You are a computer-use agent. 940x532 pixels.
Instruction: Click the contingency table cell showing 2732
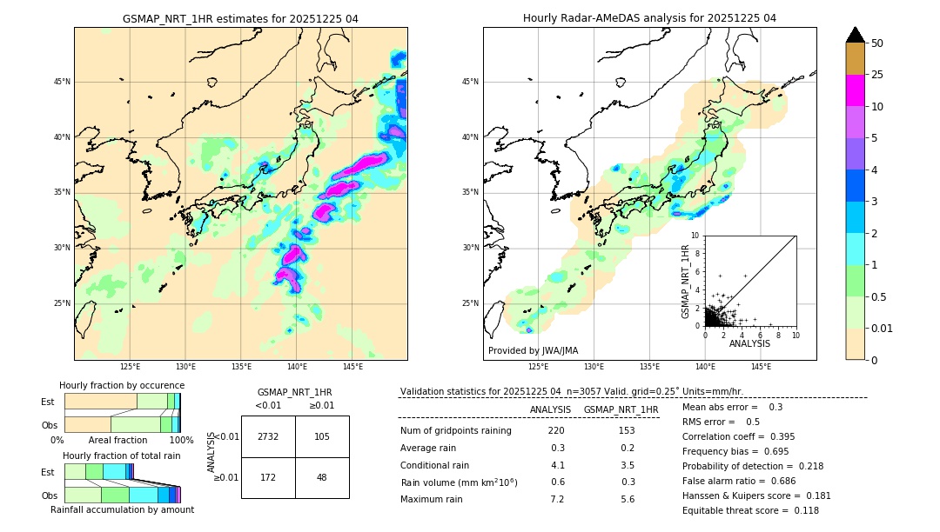(x=268, y=436)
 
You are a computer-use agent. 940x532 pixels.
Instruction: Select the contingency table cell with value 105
(x=322, y=436)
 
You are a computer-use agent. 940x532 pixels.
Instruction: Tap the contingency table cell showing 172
(x=268, y=477)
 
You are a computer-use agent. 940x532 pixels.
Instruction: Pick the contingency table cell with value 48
(x=322, y=477)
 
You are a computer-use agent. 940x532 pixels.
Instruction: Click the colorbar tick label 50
(x=877, y=43)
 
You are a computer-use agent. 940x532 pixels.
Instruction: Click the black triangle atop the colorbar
(x=856, y=35)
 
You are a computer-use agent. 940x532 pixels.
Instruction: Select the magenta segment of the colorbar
(x=856, y=90)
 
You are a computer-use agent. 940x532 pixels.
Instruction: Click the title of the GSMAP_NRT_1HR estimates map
(x=240, y=18)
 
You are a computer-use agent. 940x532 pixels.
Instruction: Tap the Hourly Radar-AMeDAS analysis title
(x=649, y=18)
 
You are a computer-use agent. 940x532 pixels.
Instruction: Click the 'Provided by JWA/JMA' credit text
(x=533, y=350)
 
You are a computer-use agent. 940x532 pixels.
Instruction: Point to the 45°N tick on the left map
(x=62, y=82)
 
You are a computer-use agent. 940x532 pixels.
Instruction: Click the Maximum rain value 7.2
(x=557, y=499)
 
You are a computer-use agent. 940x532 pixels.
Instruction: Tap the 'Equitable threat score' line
(x=750, y=510)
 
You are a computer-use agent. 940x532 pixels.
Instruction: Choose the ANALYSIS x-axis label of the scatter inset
(x=749, y=343)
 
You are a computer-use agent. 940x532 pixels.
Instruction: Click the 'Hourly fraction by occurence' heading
(x=122, y=385)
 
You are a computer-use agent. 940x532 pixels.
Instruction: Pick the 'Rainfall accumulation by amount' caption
(x=122, y=509)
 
